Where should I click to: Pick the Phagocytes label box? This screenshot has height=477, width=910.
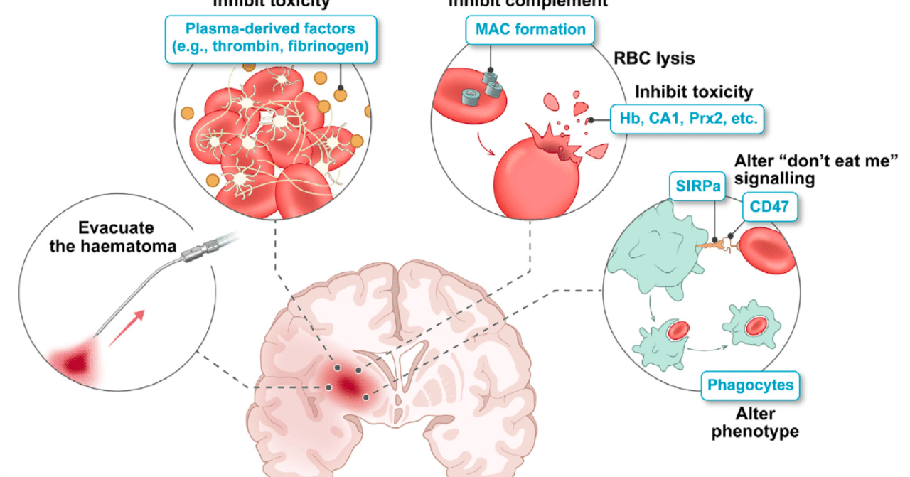[x=749, y=387]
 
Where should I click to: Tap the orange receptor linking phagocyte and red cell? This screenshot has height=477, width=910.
[x=720, y=245]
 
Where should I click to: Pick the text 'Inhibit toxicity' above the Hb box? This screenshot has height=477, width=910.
[x=693, y=92]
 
